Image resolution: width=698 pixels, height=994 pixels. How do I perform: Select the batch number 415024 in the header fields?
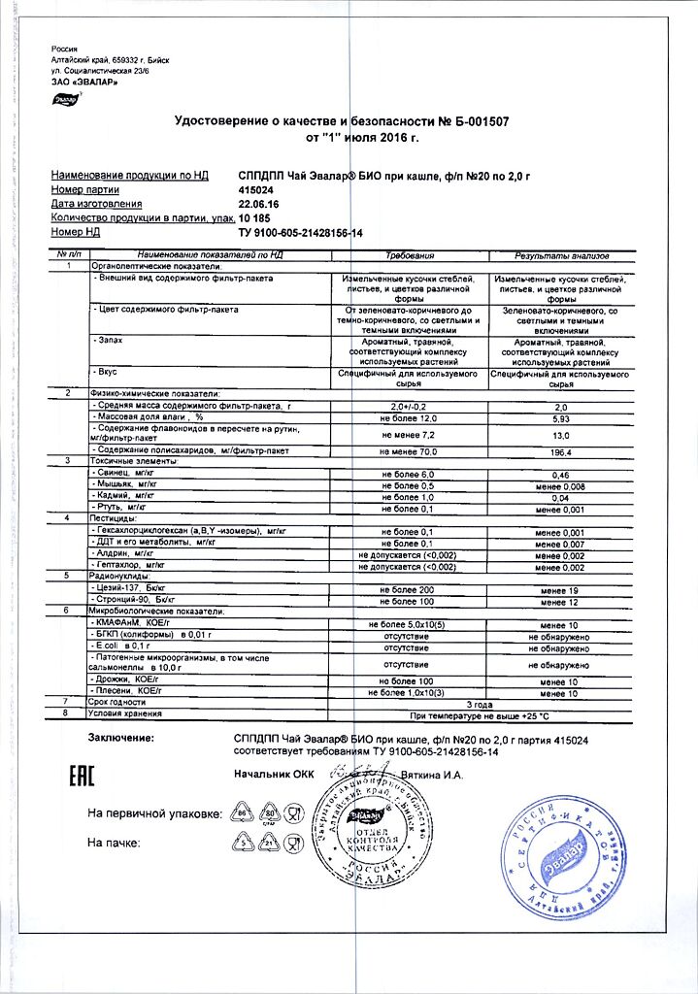tap(258, 190)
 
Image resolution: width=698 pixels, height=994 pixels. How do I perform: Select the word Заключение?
tap(121, 739)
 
